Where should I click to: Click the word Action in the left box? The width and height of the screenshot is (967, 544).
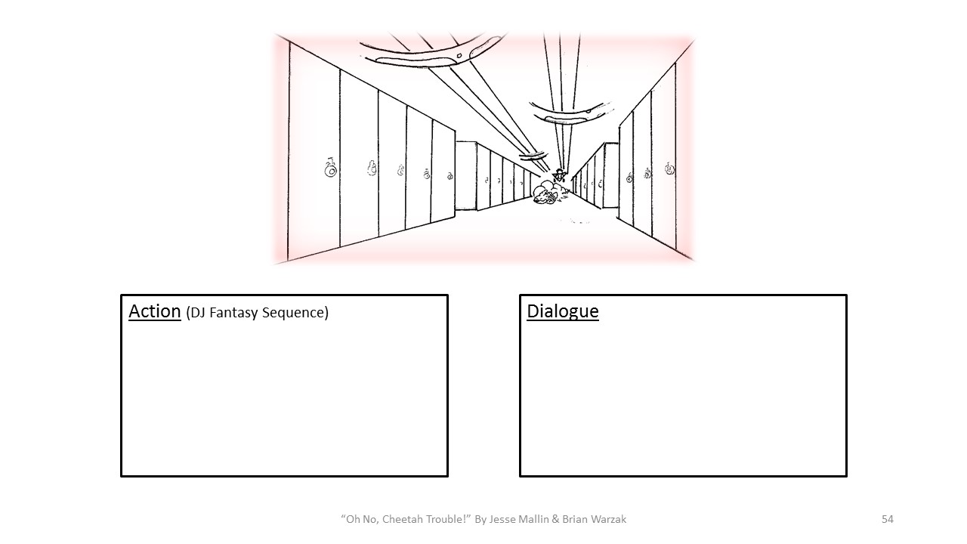(154, 311)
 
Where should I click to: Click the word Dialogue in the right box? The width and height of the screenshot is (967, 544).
(562, 311)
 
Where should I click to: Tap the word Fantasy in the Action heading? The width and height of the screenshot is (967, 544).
(233, 313)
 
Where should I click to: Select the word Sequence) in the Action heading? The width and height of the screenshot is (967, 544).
(295, 313)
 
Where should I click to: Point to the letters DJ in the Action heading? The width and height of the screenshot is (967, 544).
(197, 313)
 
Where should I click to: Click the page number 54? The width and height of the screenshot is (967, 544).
(887, 519)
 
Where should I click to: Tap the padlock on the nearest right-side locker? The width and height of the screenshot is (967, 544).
(669, 168)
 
